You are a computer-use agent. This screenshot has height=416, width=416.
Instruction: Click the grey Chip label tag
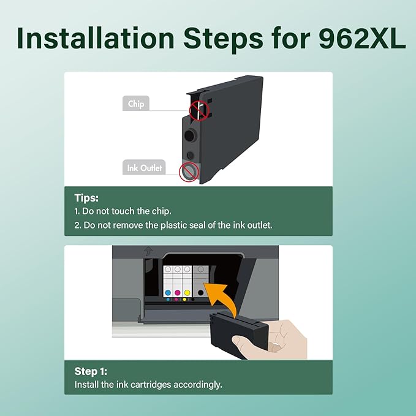tap(136, 104)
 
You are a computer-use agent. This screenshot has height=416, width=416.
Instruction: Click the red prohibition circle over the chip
tap(199, 110)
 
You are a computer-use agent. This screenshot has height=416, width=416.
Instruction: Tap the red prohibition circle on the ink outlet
tap(189, 172)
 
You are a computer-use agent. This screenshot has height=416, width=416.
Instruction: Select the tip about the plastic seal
tap(173, 225)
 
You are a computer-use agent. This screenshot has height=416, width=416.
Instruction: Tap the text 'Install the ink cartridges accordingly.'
tap(148, 385)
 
